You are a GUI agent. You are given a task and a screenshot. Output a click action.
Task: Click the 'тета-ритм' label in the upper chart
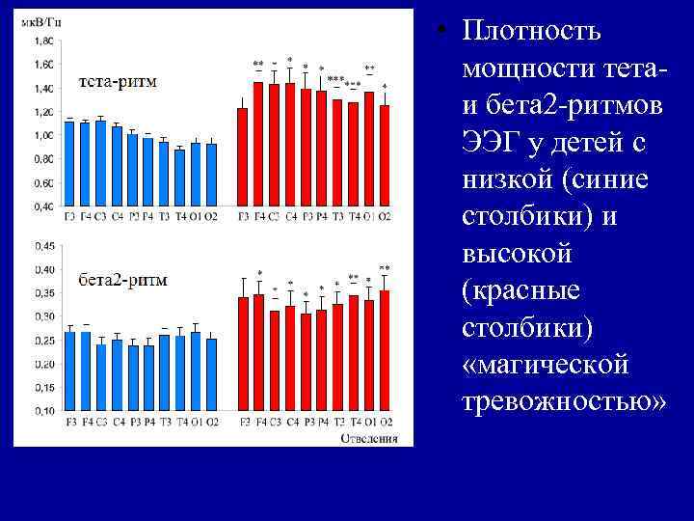[x=113, y=81]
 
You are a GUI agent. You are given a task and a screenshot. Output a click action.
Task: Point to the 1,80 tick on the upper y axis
[x=43, y=41]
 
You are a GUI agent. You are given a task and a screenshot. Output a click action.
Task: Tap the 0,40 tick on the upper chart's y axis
[x=43, y=206]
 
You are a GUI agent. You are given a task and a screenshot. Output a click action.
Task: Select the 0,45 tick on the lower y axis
[x=43, y=245]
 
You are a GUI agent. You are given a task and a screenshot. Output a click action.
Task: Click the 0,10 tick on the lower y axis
[x=43, y=410]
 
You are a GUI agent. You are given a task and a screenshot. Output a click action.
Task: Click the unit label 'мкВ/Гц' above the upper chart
[x=40, y=25]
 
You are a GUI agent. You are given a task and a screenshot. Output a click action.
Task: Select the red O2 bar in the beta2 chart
[x=385, y=350]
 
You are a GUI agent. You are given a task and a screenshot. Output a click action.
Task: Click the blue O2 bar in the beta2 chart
[x=211, y=374]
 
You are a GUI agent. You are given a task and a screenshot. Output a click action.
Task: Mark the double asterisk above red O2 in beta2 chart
[x=385, y=267]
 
